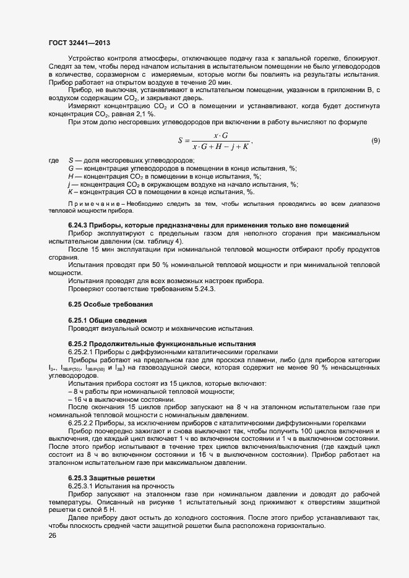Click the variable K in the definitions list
click(70, 192)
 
